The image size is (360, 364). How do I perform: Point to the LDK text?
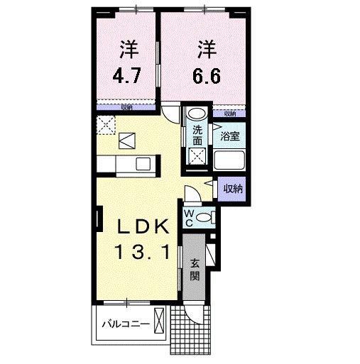(143, 227)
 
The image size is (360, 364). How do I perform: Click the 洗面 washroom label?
(197, 135)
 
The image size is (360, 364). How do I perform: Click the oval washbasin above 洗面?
(197, 114)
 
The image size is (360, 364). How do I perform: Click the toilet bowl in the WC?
(204, 216)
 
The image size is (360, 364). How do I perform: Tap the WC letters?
(189, 217)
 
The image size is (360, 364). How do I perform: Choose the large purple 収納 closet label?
(233, 189)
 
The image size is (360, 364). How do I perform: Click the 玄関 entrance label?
(196, 270)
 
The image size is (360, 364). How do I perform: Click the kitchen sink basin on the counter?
(142, 165)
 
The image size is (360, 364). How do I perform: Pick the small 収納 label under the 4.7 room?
(126, 106)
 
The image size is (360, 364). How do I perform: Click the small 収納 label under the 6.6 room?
(229, 113)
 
